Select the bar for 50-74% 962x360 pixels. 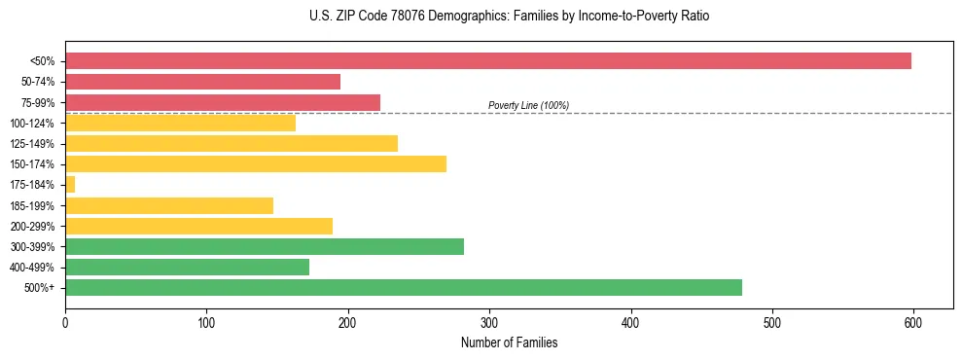[202, 82]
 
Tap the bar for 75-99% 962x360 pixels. [223, 102]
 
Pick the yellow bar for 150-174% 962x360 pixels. [256, 163]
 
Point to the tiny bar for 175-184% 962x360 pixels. [70, 184]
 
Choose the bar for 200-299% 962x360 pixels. [198, 226]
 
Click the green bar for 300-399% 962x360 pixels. [265, 246]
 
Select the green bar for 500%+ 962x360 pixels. [404, 287]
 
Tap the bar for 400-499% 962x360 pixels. [187, 267]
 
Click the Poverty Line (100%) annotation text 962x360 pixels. [528, 105]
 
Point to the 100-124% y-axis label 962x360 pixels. [32, 124]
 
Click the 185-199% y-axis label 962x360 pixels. [32, 205]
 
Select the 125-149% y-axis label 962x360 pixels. [32, 144]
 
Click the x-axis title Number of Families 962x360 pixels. [509, 342]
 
